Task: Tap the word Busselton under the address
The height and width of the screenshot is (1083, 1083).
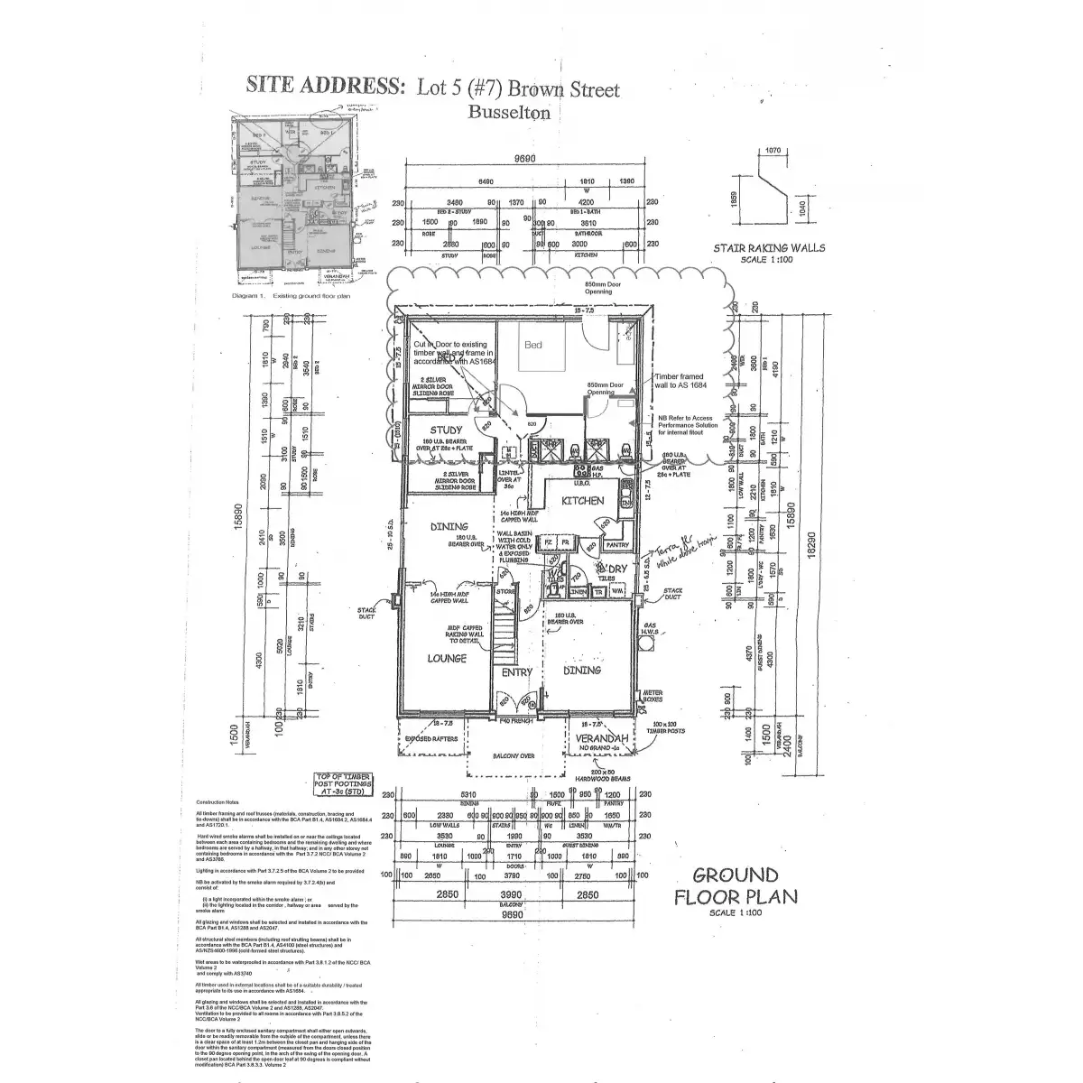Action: point(509,112)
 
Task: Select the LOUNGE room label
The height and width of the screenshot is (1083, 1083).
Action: point(447,658)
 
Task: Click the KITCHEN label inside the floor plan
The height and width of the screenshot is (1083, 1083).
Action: point(582,500)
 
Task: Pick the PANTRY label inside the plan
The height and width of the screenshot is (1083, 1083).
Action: point(617,544)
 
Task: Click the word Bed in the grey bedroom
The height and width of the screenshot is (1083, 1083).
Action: point(533,345)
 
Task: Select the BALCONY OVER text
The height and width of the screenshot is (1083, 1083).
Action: point(514,756)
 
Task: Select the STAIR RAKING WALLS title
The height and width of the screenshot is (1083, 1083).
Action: point(768,247)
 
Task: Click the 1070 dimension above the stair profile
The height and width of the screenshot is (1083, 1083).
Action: point(772,151)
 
